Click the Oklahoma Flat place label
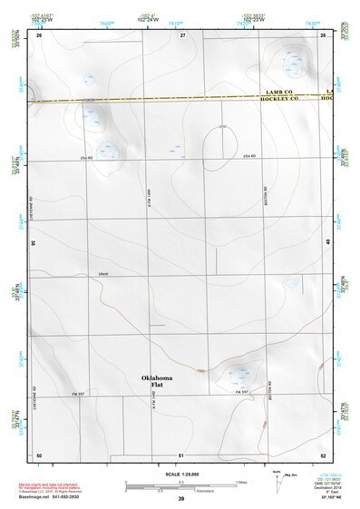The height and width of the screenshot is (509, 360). click(156, 381)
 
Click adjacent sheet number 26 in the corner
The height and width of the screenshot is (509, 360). click(39, 34)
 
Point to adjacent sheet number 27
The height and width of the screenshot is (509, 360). click(182, 34)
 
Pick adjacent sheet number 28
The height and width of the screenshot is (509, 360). click(323, 34)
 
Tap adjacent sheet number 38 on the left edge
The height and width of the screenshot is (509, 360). click(34, 243)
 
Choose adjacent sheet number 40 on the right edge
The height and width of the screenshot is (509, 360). click(327, 241)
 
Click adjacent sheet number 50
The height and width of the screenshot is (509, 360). click(39, 454)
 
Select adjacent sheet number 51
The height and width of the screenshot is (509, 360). click(181, 454)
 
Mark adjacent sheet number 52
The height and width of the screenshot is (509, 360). click(323, 454)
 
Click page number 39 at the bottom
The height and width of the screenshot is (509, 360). click(180, 499)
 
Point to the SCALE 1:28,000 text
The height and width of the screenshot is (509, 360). click(180, 475)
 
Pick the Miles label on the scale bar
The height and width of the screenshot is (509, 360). click(242, 482)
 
